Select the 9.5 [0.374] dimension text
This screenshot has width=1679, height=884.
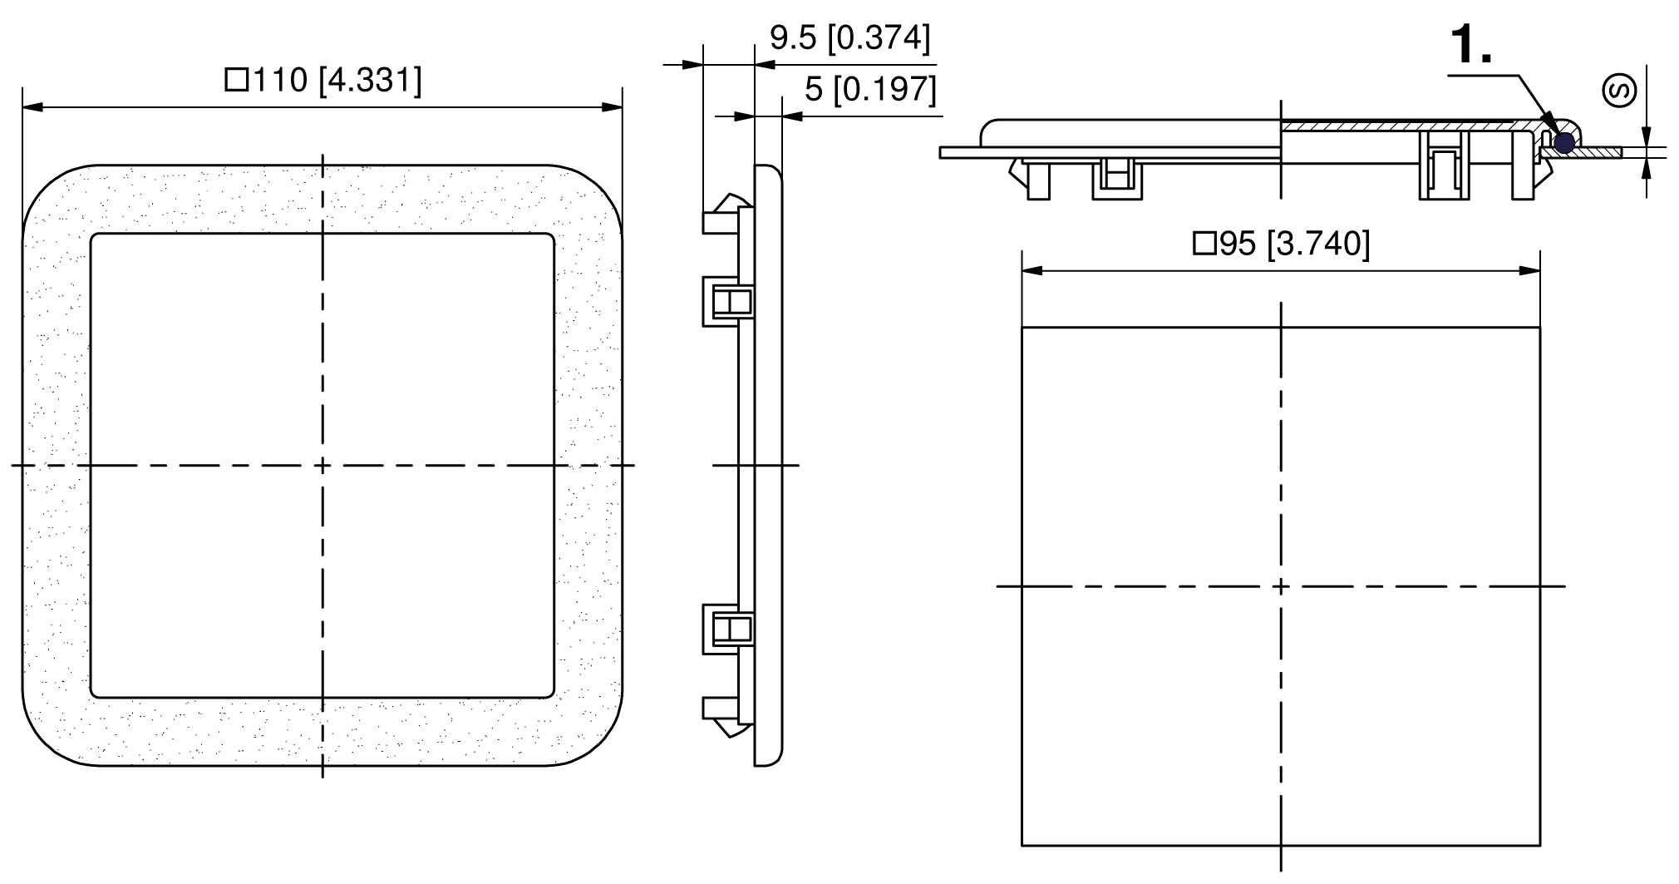click(850, 38)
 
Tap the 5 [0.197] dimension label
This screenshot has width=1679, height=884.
click(870, 89)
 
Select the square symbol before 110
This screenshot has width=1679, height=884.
click(237, 81)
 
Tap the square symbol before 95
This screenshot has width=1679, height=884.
click(1204, 244)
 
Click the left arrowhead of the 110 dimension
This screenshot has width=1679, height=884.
click(32, 106)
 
